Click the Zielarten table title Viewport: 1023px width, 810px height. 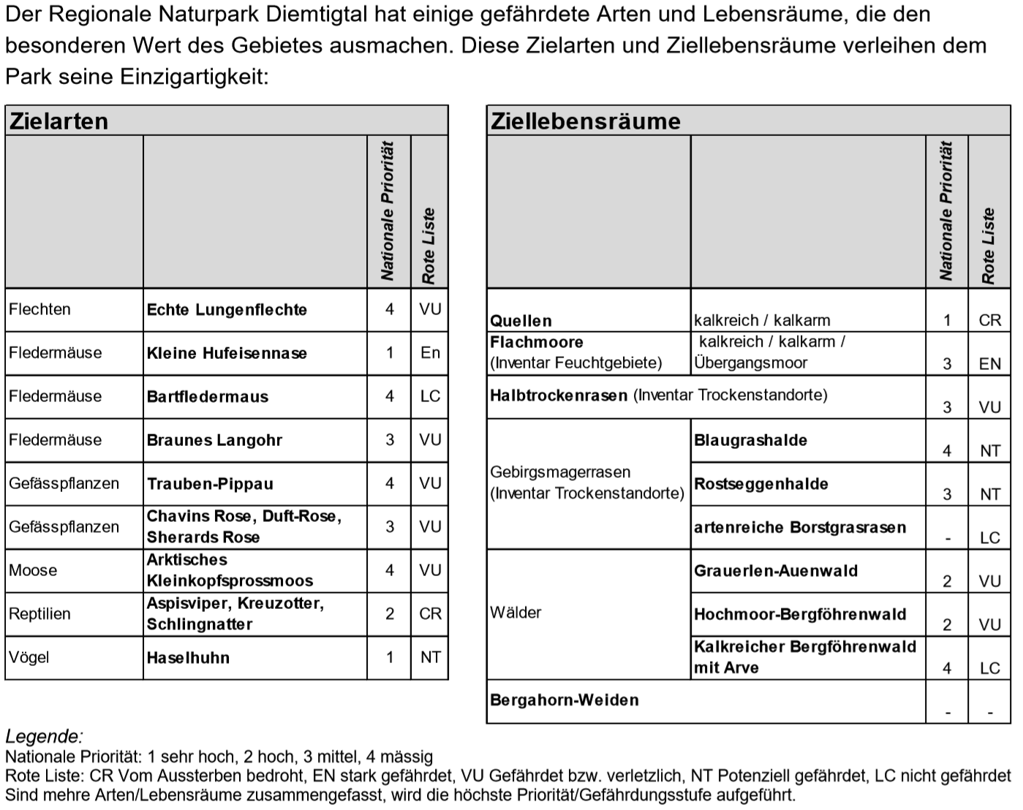tap(58, 121)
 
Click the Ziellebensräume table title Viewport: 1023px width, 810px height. tap(585, 121)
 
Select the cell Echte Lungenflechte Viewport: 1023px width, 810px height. tap(227, 310)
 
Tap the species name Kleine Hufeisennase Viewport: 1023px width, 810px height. tap(227, 354)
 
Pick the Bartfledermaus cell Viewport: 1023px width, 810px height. tap(208, 397)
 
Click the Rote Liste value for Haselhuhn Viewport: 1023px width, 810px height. tap(430, 657)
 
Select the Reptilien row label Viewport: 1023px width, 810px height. tap(39, 614)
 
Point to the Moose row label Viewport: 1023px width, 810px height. tap(33, 570)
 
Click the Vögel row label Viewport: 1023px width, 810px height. tap(29, 657)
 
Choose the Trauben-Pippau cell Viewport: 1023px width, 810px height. tap(210, 484)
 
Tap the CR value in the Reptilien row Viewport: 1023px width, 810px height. tap(430, 614)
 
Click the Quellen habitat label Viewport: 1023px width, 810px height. tap(521, 321)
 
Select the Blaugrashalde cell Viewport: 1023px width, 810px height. tap(750, 441)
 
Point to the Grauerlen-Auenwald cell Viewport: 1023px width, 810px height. tap(775, 571)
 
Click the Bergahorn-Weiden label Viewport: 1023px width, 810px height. tap(565, 700)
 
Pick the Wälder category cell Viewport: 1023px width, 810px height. tap(516, 613)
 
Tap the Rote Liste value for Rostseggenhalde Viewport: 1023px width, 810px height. tap(989, 494)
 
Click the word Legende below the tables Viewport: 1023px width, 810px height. tap(44, 736)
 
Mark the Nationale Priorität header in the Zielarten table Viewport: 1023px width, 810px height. tap(388, 212)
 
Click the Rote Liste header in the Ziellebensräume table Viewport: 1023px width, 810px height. tap(989, 246)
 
